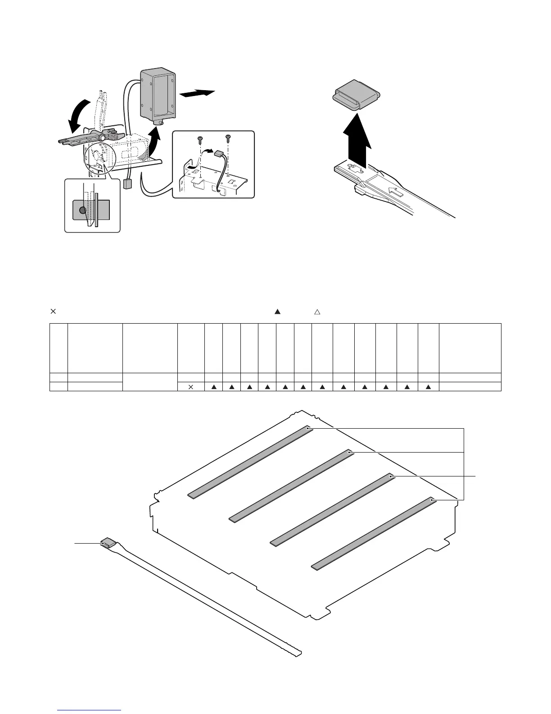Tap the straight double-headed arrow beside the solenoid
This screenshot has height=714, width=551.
click(197, 93)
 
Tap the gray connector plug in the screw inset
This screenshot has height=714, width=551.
click(220, 154)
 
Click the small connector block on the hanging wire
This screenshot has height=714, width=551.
click(127, 184)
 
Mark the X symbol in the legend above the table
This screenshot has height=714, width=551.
click(52, 311)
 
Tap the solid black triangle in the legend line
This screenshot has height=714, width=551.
click(277, 311)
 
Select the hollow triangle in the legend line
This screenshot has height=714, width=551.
click(316, 311)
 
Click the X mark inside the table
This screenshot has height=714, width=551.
click(190, 386)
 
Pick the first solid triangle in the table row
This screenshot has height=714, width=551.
click(214, 386)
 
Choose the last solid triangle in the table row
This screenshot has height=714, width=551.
click(429, 386)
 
